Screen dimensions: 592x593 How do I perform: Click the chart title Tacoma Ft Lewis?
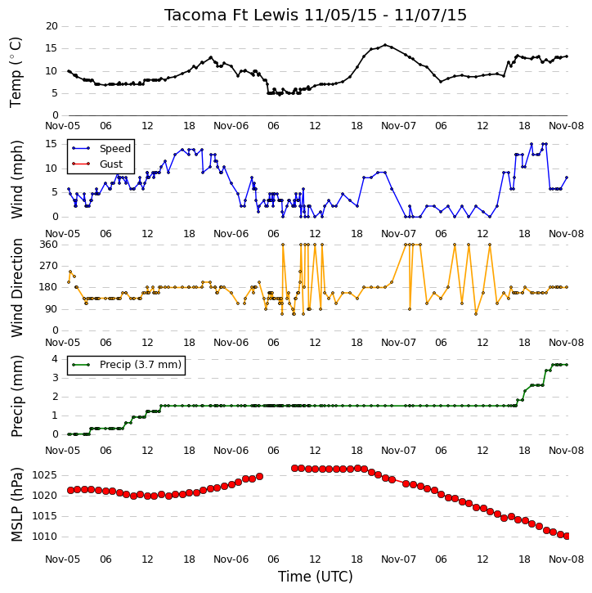tap(231, 15)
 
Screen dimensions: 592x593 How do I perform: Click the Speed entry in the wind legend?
tap(115, 149)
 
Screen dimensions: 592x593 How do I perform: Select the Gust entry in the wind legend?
tap(111, 164)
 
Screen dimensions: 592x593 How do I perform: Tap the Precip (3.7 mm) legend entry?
tap(141, 365)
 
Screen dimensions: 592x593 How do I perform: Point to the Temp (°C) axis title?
tap(16, 72)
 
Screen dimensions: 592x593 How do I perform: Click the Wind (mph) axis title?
tap(16, 179)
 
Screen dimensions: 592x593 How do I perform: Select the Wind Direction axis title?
tap(16, 288)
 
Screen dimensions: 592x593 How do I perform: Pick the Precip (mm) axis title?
tap(16, 396)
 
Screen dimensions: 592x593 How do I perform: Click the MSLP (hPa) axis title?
tap(16, 505)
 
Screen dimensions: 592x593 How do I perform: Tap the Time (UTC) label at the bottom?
tap(316, 577)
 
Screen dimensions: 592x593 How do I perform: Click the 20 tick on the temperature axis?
tap(52, 26)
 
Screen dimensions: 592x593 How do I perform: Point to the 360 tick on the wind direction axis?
tap(49, 245)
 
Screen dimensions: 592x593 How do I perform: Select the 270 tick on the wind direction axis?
tap(49, 266)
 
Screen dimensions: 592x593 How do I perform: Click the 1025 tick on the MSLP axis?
tap(44, 475)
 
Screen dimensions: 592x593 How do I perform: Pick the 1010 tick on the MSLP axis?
tap(44, 537)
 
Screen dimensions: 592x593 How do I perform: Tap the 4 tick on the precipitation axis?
tap(55, 358)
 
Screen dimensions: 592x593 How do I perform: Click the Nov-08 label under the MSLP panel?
tap(567, 559)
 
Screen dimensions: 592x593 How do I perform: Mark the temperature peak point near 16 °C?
tap(385, 45)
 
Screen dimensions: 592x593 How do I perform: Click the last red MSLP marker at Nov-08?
tap(567, 536)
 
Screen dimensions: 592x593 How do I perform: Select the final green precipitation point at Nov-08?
tap(567, 365)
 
